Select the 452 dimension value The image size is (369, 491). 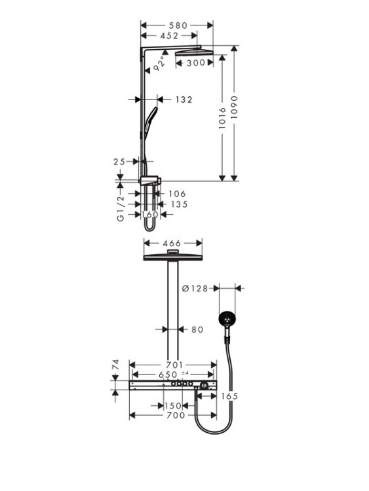(169, 36)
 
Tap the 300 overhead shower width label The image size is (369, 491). (196, 63)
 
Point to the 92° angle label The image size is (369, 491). (159, 64)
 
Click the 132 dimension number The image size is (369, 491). (184, 100)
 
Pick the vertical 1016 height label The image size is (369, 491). (222, 118)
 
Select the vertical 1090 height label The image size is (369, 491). (234, 107)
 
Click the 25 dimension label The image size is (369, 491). (119, 162)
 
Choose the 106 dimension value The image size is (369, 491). (177, 194)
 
